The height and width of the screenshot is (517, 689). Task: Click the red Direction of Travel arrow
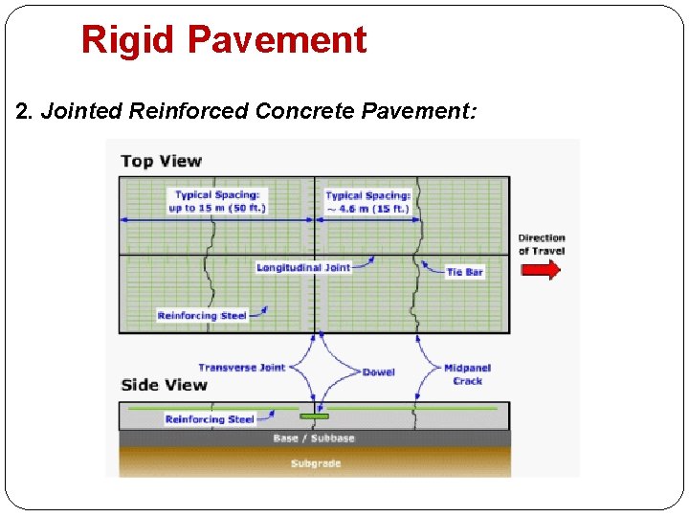point(541,270)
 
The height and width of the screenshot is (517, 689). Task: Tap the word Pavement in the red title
point(277,40)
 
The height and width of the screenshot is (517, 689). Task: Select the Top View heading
point(161,161)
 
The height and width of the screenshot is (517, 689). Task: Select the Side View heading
point(164,385)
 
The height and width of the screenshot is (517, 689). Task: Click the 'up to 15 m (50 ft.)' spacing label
point(217,202)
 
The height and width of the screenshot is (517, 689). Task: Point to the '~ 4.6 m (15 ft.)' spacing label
point(367,202)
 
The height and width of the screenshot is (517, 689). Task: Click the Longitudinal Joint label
point(303,267)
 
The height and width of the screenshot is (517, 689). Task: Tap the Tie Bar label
point(465,272)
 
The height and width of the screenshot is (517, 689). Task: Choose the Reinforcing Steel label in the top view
point(202,315)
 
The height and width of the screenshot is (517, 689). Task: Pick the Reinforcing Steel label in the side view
point(210,418)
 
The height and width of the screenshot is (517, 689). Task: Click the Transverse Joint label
point(241,368)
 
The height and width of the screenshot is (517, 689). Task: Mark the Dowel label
point(379,371)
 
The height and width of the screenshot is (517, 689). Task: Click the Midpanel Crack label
point(468,374)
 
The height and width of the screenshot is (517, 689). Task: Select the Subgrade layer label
point(315,463)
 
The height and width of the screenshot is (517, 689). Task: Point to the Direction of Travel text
point(542,244)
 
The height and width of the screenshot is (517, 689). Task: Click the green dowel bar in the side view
point(314,416)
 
